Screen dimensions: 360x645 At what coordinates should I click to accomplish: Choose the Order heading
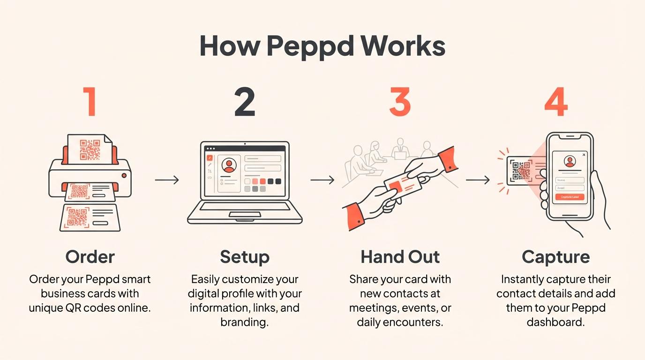[x=90, y=257]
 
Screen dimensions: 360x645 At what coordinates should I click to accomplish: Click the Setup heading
[x=245, y=257]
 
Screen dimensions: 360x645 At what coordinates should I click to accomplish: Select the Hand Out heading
[x=400, y=257]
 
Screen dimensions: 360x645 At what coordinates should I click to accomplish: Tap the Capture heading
[x=556, y=257]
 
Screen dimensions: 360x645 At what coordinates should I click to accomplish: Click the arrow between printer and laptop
[x=167, y=180]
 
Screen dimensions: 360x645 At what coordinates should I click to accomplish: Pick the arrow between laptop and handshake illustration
[x=322, y=180]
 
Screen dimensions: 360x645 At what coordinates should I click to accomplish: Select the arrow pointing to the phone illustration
[x=477, y=180]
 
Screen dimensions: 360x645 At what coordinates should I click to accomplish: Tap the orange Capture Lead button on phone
[x=570, y=197]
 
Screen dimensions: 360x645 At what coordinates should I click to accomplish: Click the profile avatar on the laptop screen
[x=229, y=165]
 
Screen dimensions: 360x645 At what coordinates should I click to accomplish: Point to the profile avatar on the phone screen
[x=570, y=162]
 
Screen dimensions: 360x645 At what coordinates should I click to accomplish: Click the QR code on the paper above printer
[x=90, y=150]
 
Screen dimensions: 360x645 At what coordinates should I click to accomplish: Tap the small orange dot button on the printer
[x=124, y=175]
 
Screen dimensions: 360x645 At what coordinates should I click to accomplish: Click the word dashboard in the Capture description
[x=555, y=322]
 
